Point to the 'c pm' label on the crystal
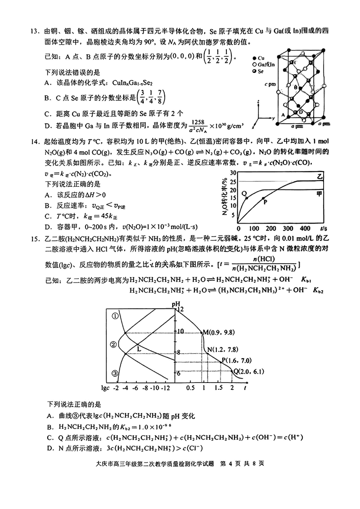tap(270, 84)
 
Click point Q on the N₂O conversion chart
tap(245, 194)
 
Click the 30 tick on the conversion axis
tap(233, 172)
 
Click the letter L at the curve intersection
tap(139, 348)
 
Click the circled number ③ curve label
tap(115, 373)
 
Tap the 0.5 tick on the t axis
tap(190, 387)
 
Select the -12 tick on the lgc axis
tap(165, 387)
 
